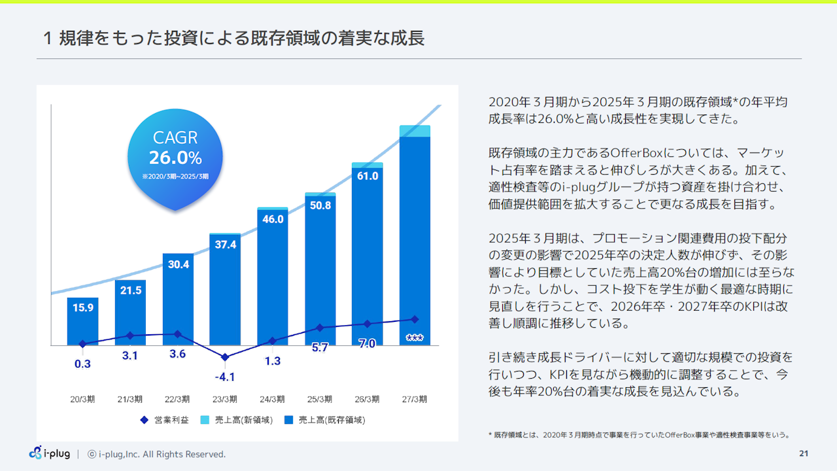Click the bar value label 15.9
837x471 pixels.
(82, 307)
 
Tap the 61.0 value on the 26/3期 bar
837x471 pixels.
(367, 175)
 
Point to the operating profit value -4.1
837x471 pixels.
(224, 377)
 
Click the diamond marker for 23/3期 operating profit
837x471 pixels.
(225, 357)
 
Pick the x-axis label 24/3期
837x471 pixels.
(272, 399)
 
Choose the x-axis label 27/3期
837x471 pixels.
(414, 399)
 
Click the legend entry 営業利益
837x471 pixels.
(165, 420)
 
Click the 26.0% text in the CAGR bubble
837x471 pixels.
(175, 158)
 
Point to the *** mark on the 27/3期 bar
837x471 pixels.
(414, 338)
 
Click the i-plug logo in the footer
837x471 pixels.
(50, 453)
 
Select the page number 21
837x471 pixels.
(804, 453)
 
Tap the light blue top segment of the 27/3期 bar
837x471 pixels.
(415, 131)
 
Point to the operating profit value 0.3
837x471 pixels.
(82, 364)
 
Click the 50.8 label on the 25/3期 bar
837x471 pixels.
(320, 205)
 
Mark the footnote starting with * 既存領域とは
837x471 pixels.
(640, 434)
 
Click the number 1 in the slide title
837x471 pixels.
(48, 39)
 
